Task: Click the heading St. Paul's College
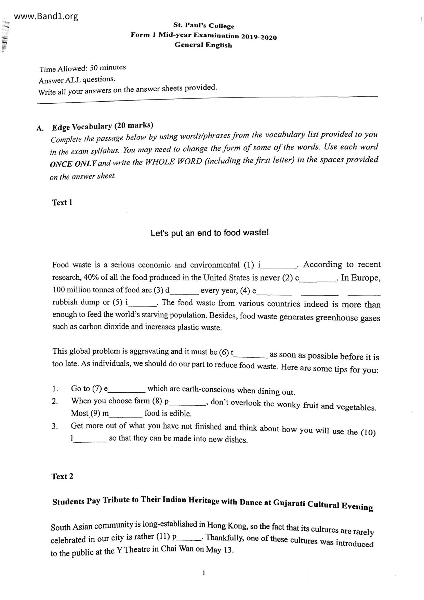(204, 26)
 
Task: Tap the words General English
(203, 45)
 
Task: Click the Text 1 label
(62, 203)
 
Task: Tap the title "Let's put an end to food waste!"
(210, 233)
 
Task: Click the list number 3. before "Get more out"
(54, 426)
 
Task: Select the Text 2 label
(62, 476)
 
